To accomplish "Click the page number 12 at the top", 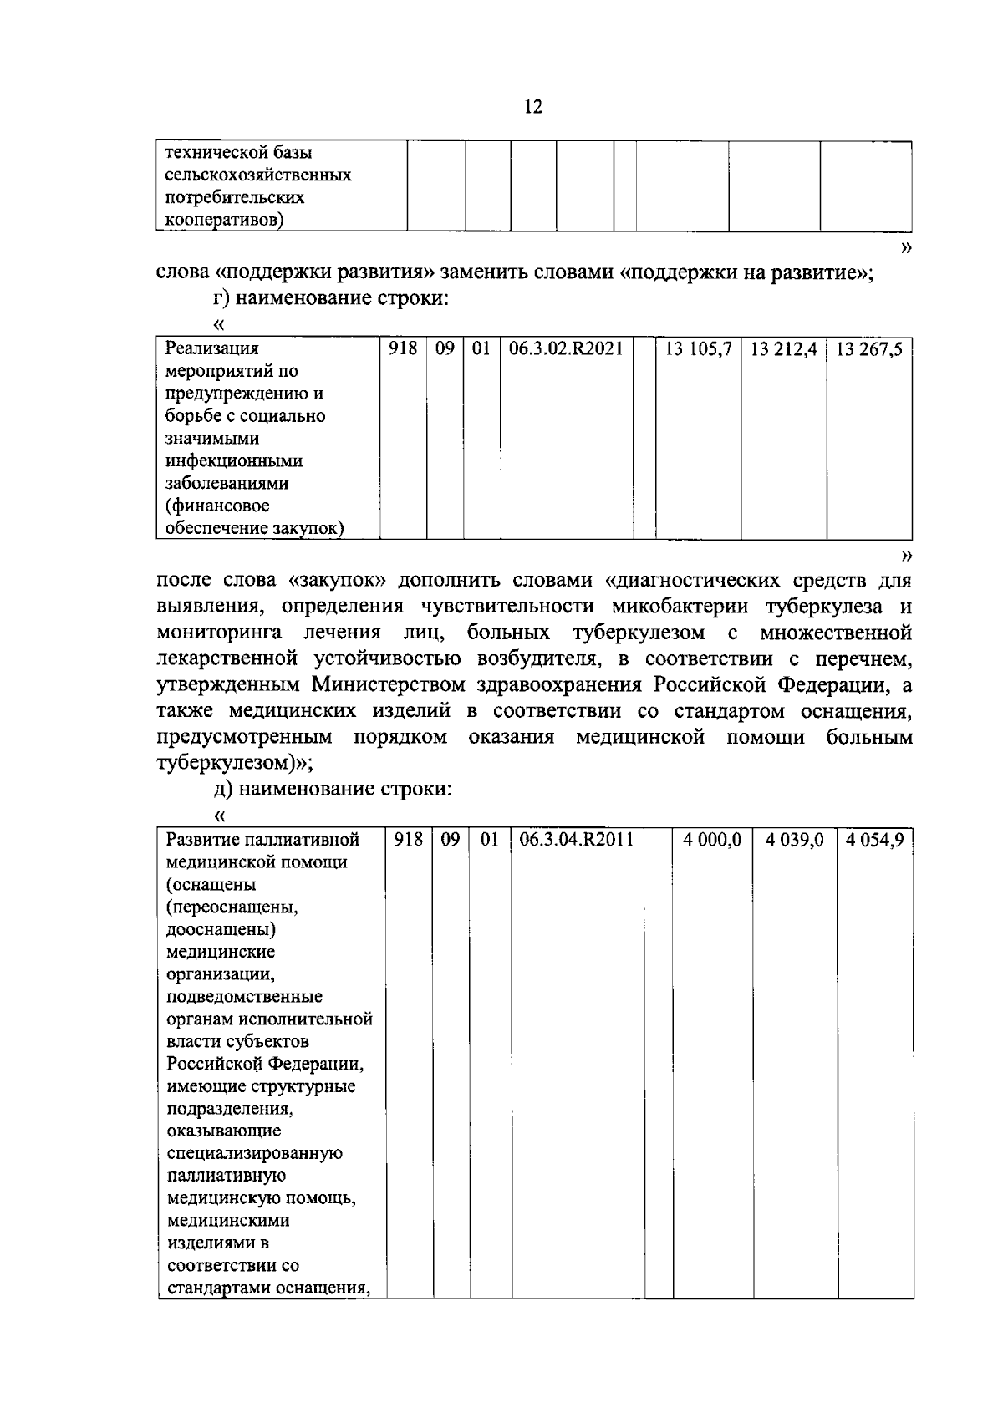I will [x=533, y=107].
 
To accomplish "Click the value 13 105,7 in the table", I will [x=698, y=349].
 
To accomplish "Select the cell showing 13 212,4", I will [x=783, y=349].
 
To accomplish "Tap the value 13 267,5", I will [x=868, y=349].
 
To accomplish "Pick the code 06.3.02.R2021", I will [x=566, y=349].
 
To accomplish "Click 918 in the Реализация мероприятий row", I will [x=403, y=349].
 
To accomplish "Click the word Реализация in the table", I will [x=211, y=349].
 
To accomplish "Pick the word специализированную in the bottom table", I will [x=255, y=1154].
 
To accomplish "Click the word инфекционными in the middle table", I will [x=234, y=461].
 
